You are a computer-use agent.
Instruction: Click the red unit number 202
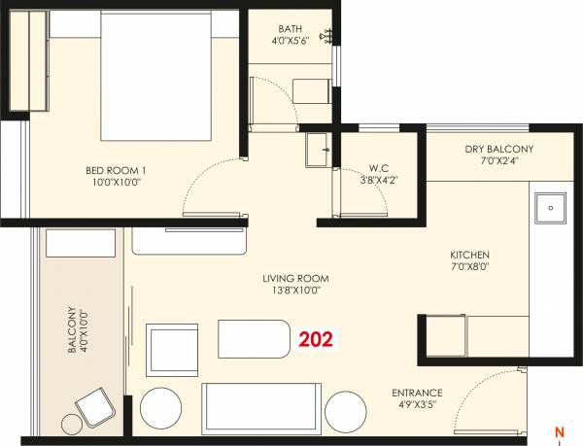315,340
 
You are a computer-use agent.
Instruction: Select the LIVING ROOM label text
291,278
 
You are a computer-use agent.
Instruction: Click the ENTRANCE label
418,393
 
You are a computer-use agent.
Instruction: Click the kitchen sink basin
549,207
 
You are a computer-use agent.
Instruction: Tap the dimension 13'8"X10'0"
291,290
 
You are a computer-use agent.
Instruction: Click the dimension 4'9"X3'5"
418,404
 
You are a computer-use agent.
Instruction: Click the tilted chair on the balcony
95,406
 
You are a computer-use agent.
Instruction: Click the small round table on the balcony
72,424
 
